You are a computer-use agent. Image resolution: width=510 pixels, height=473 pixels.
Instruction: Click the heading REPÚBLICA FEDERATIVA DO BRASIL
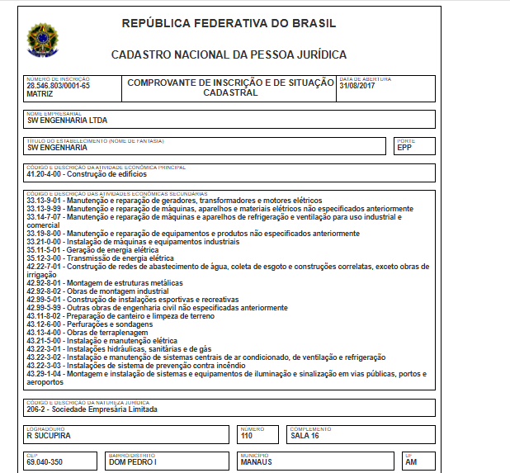229,23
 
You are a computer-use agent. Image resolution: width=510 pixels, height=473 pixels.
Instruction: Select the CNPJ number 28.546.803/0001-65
58,86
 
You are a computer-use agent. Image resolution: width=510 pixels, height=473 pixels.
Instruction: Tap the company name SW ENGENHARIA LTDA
68,121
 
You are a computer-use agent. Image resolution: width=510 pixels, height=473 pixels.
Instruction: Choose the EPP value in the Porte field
404,148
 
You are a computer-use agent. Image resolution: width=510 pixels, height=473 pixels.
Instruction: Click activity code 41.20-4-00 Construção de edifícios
87,174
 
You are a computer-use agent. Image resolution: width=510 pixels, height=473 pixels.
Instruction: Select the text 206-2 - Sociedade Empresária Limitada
92,409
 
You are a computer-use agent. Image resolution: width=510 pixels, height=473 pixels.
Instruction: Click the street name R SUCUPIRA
49,435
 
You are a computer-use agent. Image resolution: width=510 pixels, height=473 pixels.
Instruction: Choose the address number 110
247,435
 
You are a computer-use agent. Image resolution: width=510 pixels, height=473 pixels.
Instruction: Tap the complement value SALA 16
306,435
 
